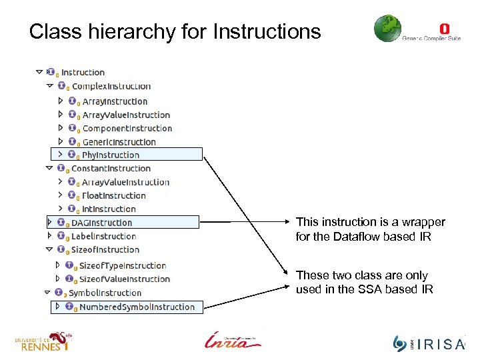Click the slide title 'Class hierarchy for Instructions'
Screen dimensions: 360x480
175,31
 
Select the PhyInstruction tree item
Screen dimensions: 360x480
111,155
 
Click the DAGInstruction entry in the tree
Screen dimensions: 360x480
101,223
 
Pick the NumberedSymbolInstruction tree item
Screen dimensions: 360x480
137,307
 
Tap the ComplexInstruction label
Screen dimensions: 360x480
111,86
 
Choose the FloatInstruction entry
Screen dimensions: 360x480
113,195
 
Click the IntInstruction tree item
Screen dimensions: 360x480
109,209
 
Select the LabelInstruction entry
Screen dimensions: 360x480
103,236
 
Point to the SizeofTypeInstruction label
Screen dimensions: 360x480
123,265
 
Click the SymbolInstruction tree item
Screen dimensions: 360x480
105,293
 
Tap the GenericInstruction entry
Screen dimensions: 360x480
119,142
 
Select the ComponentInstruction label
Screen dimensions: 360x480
127,128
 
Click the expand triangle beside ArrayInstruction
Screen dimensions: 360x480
61,101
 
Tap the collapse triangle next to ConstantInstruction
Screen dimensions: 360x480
49,169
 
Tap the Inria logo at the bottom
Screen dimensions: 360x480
233,340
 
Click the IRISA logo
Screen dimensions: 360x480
429,343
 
